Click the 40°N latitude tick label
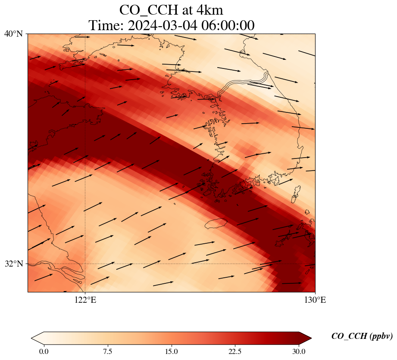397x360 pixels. tap(13, 34)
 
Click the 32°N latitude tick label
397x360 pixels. tap(13, 264)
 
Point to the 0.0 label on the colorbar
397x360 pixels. tap(44, 351)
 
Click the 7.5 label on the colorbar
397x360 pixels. tap(107, 351)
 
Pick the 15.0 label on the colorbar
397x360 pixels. tap(171, 351)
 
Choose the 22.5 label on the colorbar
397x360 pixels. tap(235, 351)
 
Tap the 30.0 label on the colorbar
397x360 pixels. tap(299, 351)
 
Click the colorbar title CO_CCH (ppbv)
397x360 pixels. tap(362, 336)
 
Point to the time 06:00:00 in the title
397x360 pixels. tap(228, 25)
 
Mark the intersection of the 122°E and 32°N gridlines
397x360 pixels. tap(85, 264)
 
